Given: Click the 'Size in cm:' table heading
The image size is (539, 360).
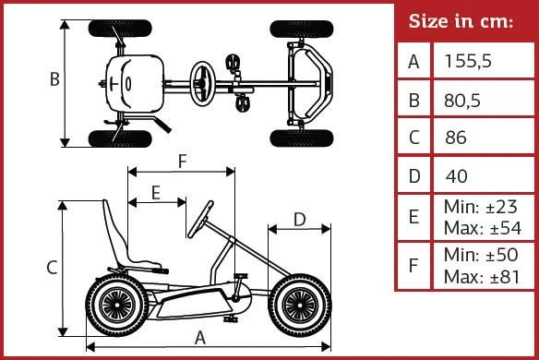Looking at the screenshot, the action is (x=461, y=21).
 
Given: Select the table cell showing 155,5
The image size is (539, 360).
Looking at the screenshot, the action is (x=468, y=61).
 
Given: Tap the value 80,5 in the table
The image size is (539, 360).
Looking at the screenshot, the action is (x=462, y=101).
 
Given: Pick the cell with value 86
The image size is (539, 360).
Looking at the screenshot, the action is (x=455, y=138).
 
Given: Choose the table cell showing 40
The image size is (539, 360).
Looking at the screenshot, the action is (x=456, y=176).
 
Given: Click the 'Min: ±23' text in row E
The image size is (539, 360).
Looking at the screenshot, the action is (x=480, y=207).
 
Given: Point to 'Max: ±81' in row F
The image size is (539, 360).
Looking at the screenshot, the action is (x=482, y=277).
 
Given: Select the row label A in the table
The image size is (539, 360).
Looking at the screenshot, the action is (x=413, y=62).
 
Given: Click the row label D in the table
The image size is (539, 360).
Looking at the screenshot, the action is (x=414, y=176).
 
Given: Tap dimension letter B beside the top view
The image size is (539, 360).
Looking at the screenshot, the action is (x=54, y=78).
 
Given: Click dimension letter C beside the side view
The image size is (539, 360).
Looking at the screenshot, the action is (x=52, y=267).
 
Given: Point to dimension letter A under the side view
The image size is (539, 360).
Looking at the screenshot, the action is (x=199, y=338).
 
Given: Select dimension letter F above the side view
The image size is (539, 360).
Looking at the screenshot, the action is (x=183, y=161).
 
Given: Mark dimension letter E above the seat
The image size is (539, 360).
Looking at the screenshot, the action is (x=156, y=193).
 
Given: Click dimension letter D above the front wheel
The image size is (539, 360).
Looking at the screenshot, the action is (x=300, y=220).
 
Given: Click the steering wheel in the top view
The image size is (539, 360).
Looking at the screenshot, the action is (x=202, y=84).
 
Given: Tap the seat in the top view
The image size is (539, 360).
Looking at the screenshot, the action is (x=135, y=84).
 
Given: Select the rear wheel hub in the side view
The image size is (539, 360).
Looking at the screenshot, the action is (x=117, y=306).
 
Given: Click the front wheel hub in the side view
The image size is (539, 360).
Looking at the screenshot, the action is (x=299, y=306).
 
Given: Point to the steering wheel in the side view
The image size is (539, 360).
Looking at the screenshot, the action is (x=200, y=220).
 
